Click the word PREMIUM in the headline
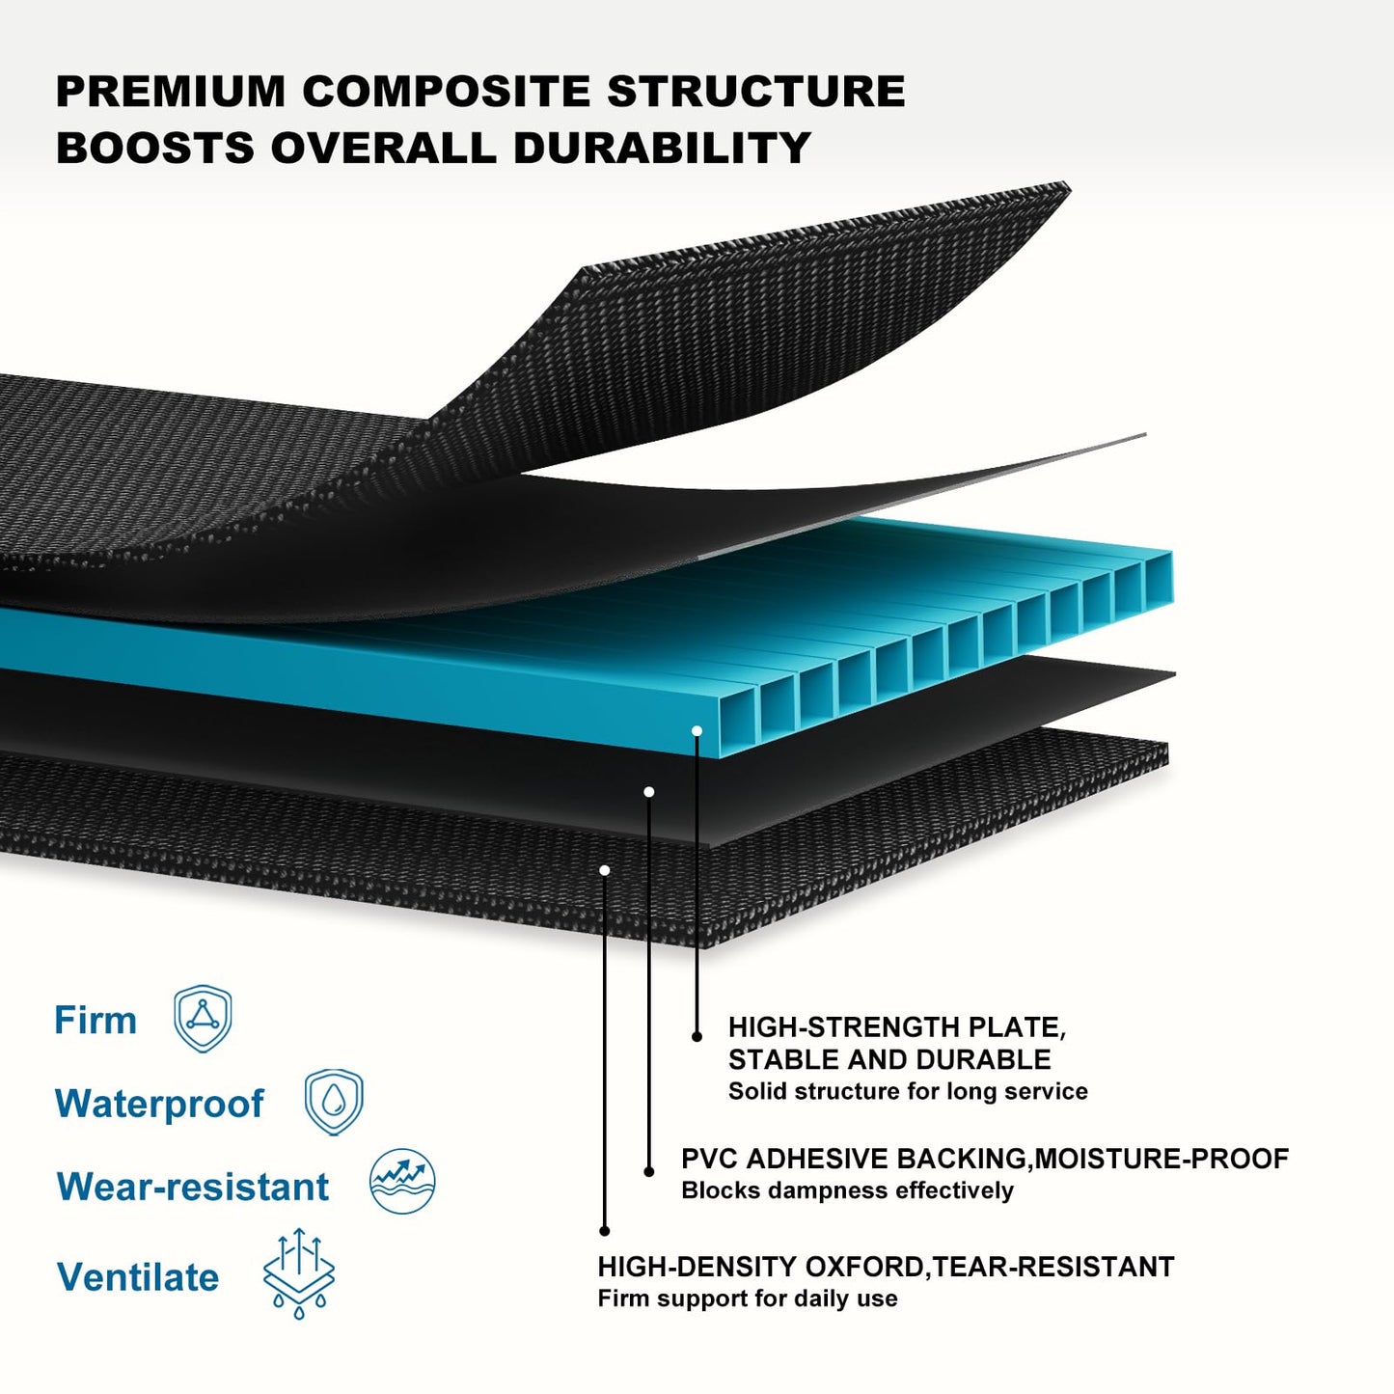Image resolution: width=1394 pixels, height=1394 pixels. click(171, 91)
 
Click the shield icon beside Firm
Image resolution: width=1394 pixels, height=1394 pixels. click(203, 1018)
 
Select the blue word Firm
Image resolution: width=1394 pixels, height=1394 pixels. click(96, 1021)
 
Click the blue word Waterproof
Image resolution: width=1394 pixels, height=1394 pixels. click(160, 1105)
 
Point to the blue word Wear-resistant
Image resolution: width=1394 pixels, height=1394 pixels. click(192, 1187)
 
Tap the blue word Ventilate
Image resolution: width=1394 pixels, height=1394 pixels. click(137, 1277)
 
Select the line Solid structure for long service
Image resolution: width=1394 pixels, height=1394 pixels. click(908, 1091)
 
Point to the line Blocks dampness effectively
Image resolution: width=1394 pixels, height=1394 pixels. click(847, 1190)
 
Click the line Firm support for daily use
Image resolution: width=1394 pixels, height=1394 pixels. click(748, 1298)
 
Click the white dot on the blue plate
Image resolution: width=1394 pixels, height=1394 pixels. click(697, 730)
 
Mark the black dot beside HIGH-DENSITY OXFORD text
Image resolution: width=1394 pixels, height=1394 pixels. click(605, 1231)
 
